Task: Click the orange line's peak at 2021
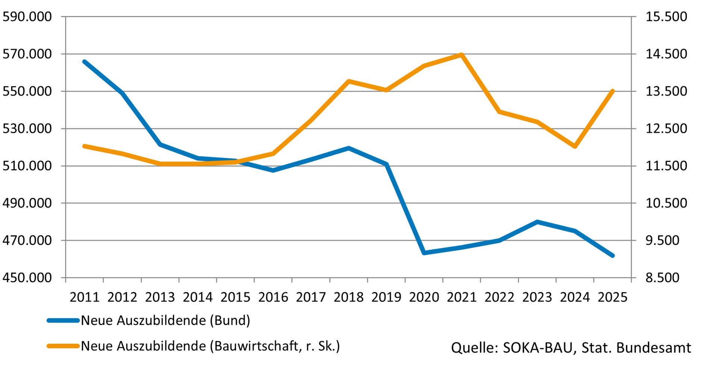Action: pos(462,55)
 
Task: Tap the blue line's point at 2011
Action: pos(85,62)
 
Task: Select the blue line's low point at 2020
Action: pos(424,253)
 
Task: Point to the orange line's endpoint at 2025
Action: pos(612,91)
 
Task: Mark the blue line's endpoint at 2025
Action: pos(612,256)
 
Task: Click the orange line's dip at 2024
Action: pos(575,146)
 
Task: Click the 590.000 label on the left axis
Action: pos(27,17)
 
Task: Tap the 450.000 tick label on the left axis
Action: pos(27,278)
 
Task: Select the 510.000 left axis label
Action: pos(27,166)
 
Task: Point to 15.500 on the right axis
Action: pos(666,17)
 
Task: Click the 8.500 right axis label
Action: pos(662,278)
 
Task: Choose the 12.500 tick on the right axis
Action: pos(666,128)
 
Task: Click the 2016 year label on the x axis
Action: pos(273,297)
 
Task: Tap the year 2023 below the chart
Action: pos(537,297)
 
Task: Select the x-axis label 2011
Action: pos(85,297)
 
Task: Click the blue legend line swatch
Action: pos(63,321)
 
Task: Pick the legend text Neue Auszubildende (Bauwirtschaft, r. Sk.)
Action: pos(210,346)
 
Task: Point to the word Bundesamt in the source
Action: pos(653,348)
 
